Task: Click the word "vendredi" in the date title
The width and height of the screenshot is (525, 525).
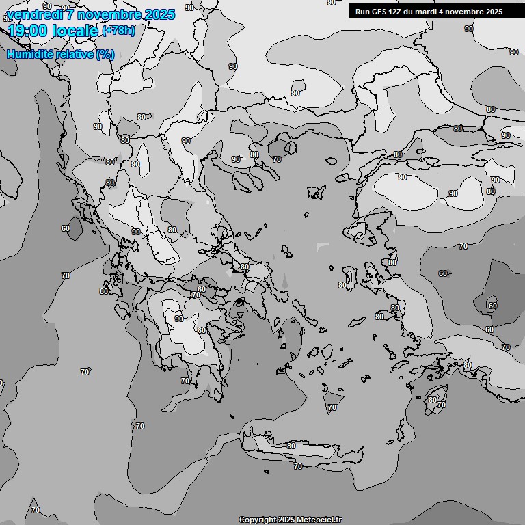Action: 33,14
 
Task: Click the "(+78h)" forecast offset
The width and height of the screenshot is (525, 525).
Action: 118,31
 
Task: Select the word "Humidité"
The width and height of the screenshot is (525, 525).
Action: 31,54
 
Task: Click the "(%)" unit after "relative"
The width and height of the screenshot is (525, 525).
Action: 105,54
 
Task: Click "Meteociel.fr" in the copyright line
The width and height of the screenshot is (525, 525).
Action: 319,520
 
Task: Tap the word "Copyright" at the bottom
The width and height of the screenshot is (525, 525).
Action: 257,520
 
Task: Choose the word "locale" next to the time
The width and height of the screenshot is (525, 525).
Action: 72,31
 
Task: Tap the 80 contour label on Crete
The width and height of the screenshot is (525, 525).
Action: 291,446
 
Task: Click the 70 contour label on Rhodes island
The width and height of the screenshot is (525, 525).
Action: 442,405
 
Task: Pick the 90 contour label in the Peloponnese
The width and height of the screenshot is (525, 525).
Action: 178,319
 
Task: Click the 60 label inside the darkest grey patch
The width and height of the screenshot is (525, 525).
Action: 493,305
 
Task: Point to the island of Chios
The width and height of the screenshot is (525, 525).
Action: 351,280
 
